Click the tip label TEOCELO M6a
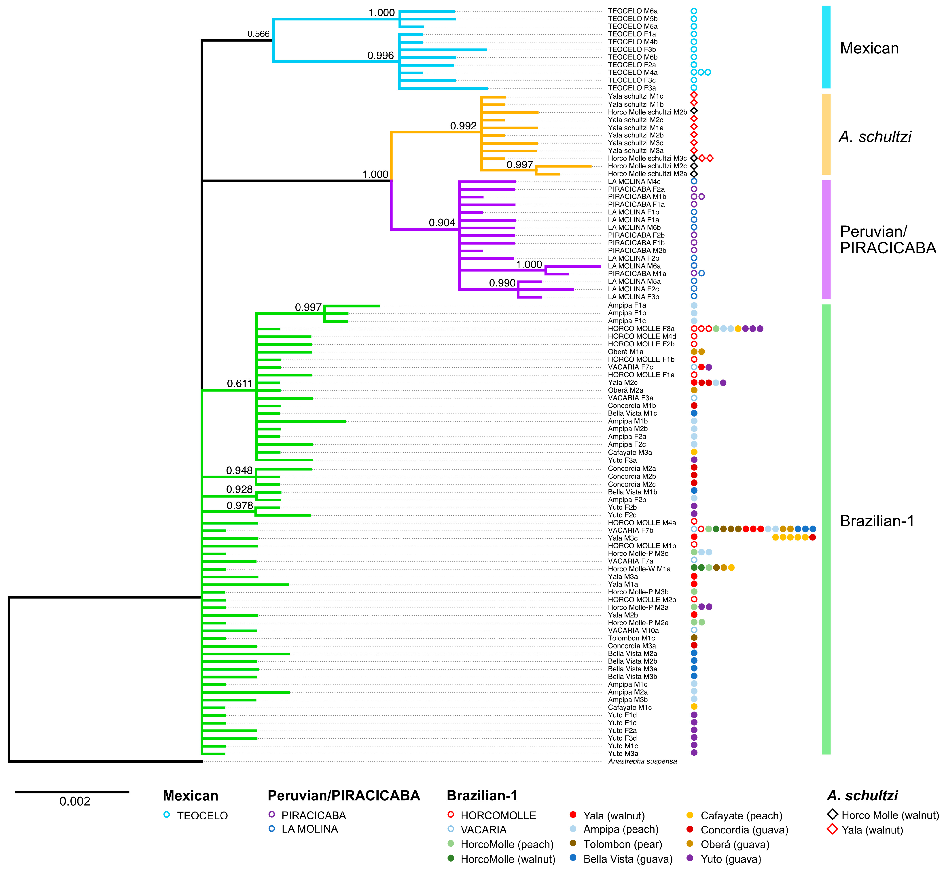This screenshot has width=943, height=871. tap(632, 11)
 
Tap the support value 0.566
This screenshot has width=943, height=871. tap(258, 34)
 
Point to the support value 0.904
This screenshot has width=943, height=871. tap(442, 223)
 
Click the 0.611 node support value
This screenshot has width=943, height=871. tap(239, 384)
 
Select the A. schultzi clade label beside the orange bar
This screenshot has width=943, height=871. tap(875, 137)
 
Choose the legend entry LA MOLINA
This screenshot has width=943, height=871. tap(310, 829)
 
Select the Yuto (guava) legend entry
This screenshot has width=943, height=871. tap(731, 859)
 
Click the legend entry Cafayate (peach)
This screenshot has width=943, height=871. tap(741, 815)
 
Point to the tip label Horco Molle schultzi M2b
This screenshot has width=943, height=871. tap(647, 112)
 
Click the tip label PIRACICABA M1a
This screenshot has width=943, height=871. tap(637, 273)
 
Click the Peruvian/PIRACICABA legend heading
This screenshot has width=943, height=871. tap(343, 796)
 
